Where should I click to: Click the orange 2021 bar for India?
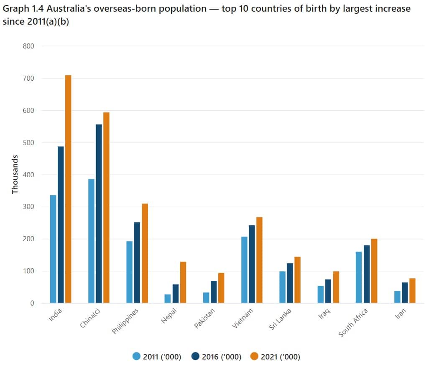pyautogui.click(x=68, y=189)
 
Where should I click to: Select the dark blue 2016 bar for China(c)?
pyautogui.click(x=99, y=214)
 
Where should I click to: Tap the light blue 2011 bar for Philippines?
pyautogui.click(x=129, y=272)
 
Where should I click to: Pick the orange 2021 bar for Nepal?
pyautogui.click(x=183, y=283)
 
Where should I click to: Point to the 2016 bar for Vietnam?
pyautogui.click(x=252, y=264)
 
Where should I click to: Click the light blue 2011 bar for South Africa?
pyautogui.click(x=358, y=277)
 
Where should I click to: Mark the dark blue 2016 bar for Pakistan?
pyautogui.click(x=214, y=292)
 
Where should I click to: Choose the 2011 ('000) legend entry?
pyautogui.click(x=157, y=357)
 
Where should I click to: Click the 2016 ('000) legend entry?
pyautogui.click(x=216, y=357)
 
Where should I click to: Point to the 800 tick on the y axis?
pyautogui.click(x=28, y=46)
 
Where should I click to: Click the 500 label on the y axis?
pyautogui.click(x=28, y=143)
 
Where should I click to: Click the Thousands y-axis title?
pyautogui.click(x=15, y=174)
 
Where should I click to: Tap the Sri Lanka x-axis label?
pyautogui.click(x=280, y=319)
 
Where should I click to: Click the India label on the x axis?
pyautogui.click(x=55, y=316)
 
